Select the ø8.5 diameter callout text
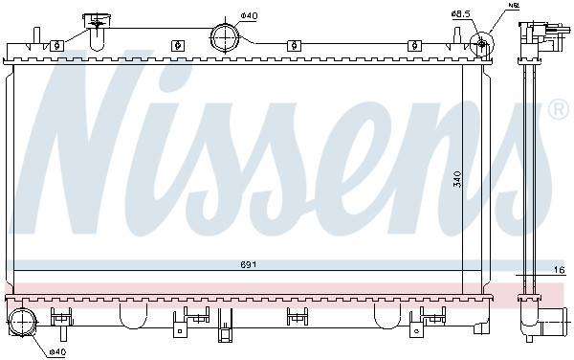[x=461, y=12]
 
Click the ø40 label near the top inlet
[x=247, y=15]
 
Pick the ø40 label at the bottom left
[x=56, y=350]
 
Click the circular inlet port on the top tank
[x=225, y=37]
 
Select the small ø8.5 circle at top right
[x=482, y=42]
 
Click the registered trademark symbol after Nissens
[x=557, y=111]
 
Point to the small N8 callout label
[x=513, y=6]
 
